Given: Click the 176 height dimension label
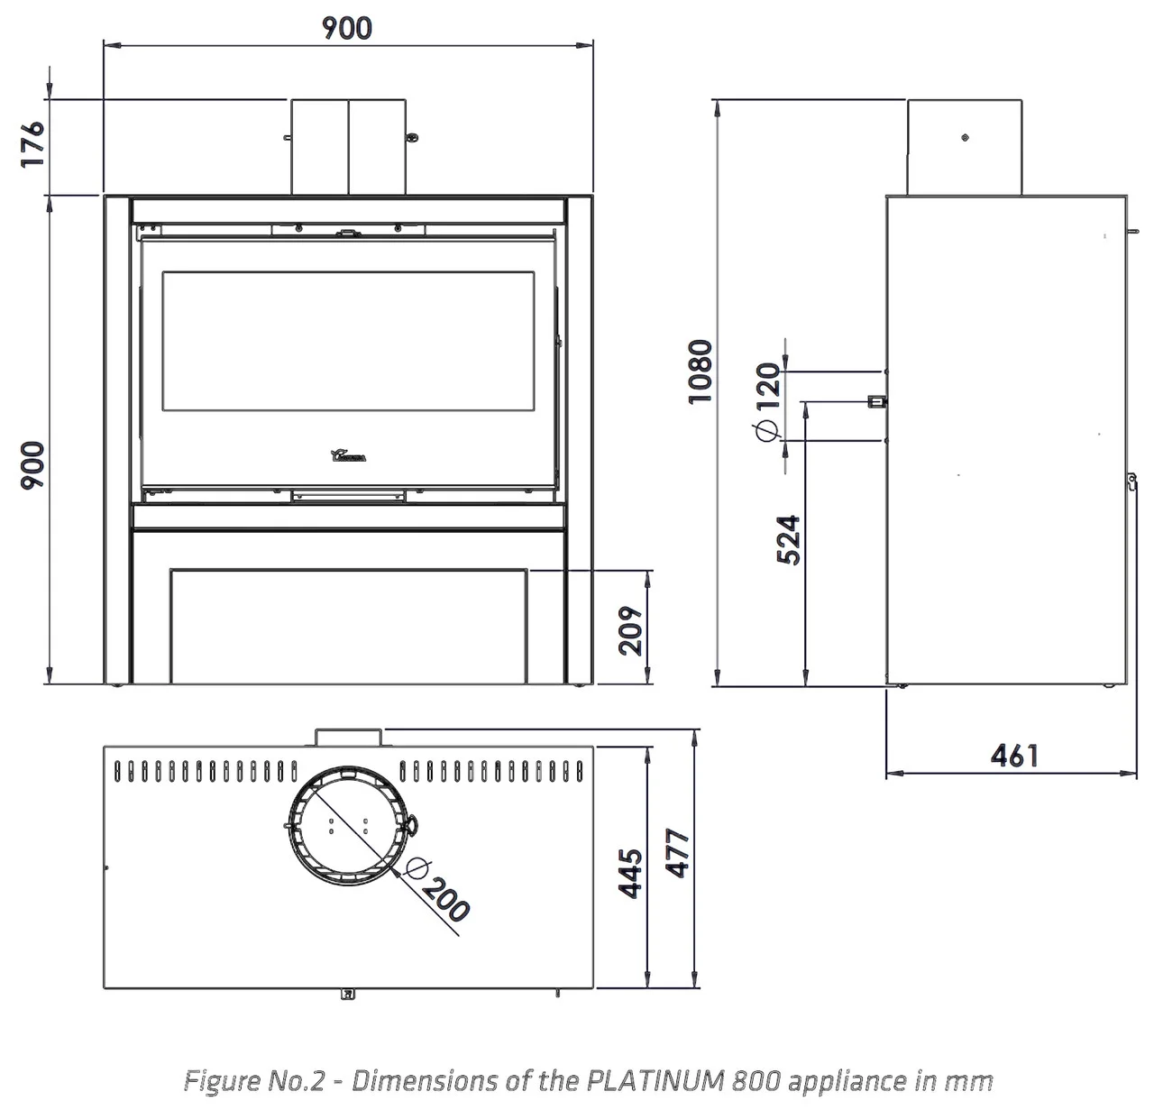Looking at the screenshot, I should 32,142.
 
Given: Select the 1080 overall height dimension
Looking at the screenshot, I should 701,372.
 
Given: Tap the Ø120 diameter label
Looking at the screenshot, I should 766,402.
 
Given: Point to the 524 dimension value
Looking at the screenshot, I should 789,539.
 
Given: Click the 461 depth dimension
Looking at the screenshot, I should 1014,755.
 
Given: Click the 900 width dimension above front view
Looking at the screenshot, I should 347,28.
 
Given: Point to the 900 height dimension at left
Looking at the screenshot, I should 32,466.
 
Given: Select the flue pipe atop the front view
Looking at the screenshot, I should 349,146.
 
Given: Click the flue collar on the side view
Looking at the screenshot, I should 964,147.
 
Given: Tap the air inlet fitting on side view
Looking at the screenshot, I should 875,401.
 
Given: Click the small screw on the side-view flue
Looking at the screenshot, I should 966,138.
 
